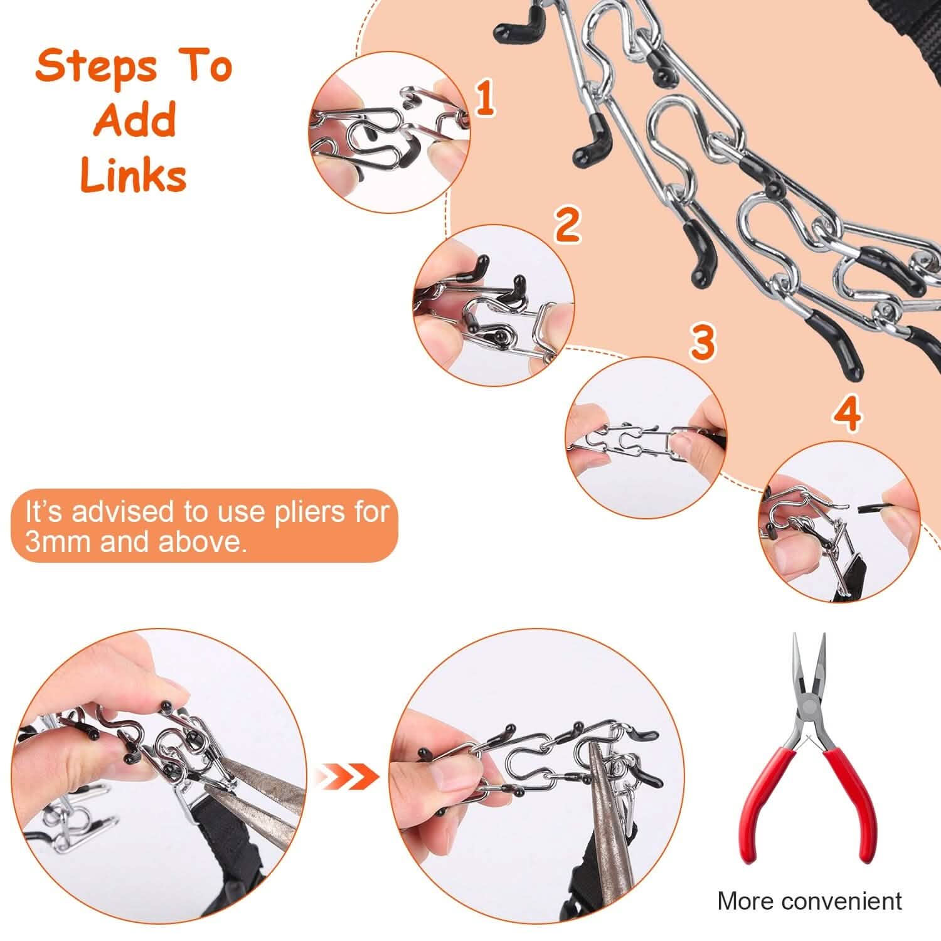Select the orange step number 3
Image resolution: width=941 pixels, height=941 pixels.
[x=703, y=342]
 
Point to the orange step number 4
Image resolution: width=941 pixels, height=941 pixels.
[x=848, y=414]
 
